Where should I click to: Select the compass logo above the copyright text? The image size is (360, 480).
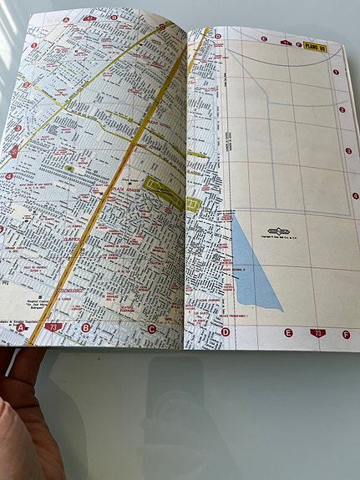[278, 230]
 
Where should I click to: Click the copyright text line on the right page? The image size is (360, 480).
[278, 240]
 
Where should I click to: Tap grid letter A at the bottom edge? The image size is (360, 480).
[22, 328]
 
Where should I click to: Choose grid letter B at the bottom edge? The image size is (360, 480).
[85, 328]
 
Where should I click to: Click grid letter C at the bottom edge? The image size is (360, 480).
[152, 329]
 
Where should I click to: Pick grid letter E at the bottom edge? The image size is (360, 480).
[288, 332]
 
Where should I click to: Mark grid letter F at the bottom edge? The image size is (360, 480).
[346, 334]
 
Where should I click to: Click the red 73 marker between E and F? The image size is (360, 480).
[317, 333]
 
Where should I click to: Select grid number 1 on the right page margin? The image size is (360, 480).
[336, 73]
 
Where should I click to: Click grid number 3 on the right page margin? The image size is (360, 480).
[347, 151]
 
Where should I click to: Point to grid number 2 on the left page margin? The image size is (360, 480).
[26, 84]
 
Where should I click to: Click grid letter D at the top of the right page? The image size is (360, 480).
[218, 36]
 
